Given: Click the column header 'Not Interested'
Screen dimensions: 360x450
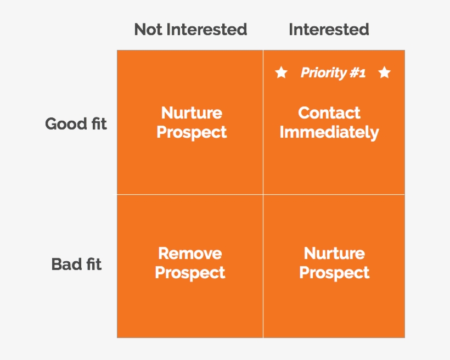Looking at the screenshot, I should [x=190, y=29].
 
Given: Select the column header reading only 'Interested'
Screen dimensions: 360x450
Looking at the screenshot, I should [x=329, y=29].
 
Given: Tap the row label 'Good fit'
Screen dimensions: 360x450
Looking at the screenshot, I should [x=76, y=123].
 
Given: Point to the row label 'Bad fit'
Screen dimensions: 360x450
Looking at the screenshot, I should [x=76, y=264].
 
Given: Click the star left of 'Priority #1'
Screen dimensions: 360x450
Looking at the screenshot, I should [x=281, y=72].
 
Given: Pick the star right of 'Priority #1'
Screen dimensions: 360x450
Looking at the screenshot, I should [x=384, y=72].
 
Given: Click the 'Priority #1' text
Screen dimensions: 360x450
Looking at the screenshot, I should [x=333, y=72].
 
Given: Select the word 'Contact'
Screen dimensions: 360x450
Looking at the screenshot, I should [x=329, y=113].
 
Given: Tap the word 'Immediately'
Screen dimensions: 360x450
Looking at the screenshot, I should [x=329, y=132].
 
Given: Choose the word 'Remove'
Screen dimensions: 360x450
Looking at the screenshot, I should [x=190, y=254].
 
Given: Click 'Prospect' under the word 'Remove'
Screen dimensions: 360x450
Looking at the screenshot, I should [x=190, y=273].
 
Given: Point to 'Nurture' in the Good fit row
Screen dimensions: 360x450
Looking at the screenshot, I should [x=192, y=113].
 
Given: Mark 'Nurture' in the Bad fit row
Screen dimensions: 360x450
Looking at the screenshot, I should [x=334, y=254].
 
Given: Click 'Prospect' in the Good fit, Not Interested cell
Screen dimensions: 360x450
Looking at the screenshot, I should [x=192, y=132].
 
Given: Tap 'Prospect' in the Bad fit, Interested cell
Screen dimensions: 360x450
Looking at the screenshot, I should [x=334, y=273].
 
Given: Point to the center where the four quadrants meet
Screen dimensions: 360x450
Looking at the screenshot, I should [x=263, y=194].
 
